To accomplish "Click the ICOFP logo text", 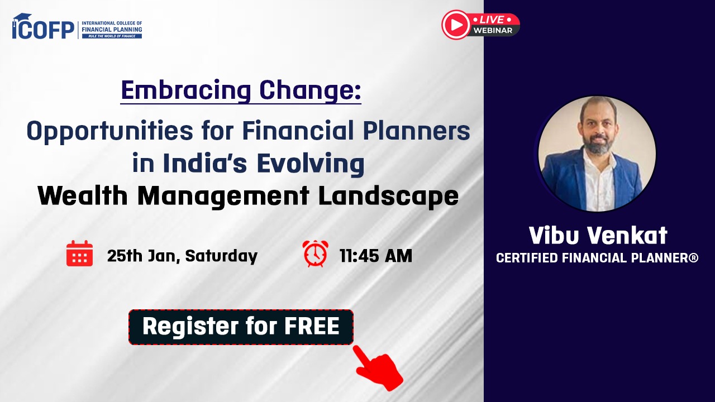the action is point(44,30).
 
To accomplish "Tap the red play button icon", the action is point(455,25).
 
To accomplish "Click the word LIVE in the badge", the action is point(492,20).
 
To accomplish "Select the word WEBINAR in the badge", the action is point(493,30).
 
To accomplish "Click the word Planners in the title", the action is point(417,130).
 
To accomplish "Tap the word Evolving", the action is point(311,164).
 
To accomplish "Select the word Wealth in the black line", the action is point(83,195).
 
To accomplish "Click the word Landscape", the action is point(388,197).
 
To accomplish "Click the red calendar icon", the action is point(79,253).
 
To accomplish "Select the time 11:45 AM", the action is point(376,256).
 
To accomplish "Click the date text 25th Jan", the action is point(142,256).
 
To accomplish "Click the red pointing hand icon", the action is point(378,368).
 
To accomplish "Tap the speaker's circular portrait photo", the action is point(597,154).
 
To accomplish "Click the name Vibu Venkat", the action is point(598,236).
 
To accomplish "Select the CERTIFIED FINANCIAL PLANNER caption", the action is point(597,258).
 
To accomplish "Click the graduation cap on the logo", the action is point(22,17).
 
